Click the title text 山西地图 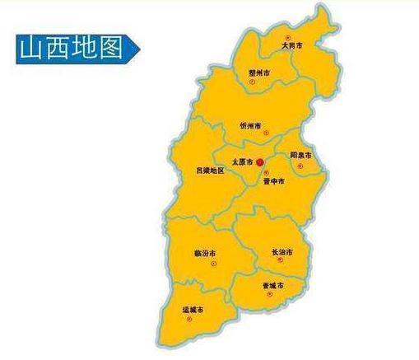pos(69,47)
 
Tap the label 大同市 pos(291,46)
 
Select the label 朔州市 pos(259,72)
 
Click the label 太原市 pos(242,162)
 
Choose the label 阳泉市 pos(300,155)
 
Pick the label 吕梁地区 pos(209,171)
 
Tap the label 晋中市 pos(274,180)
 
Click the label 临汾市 pos(205,252)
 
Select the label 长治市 pos(282,251)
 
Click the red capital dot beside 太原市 pos(260,162)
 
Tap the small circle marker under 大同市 pos(287,37)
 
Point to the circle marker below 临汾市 pos(212,263)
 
